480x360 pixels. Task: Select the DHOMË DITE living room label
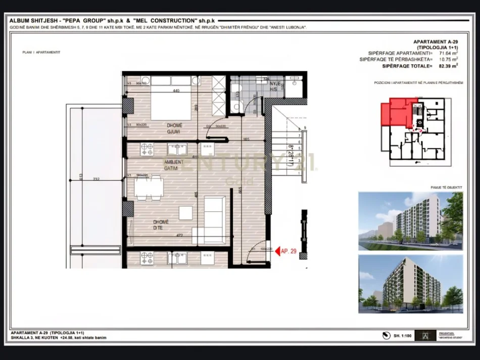(x=162, y=224)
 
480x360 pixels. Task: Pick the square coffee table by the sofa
(x=185, y=213)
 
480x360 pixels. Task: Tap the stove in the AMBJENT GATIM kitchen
(x=147, y=149)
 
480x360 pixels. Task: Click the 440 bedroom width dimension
(x=176, y=91)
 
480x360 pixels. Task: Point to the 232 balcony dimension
(x=95, y=178)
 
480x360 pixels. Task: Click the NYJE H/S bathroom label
(x=275, y=86)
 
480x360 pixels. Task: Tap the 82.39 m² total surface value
(x=448, y=66)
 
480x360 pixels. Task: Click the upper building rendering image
(x=411, y=220)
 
